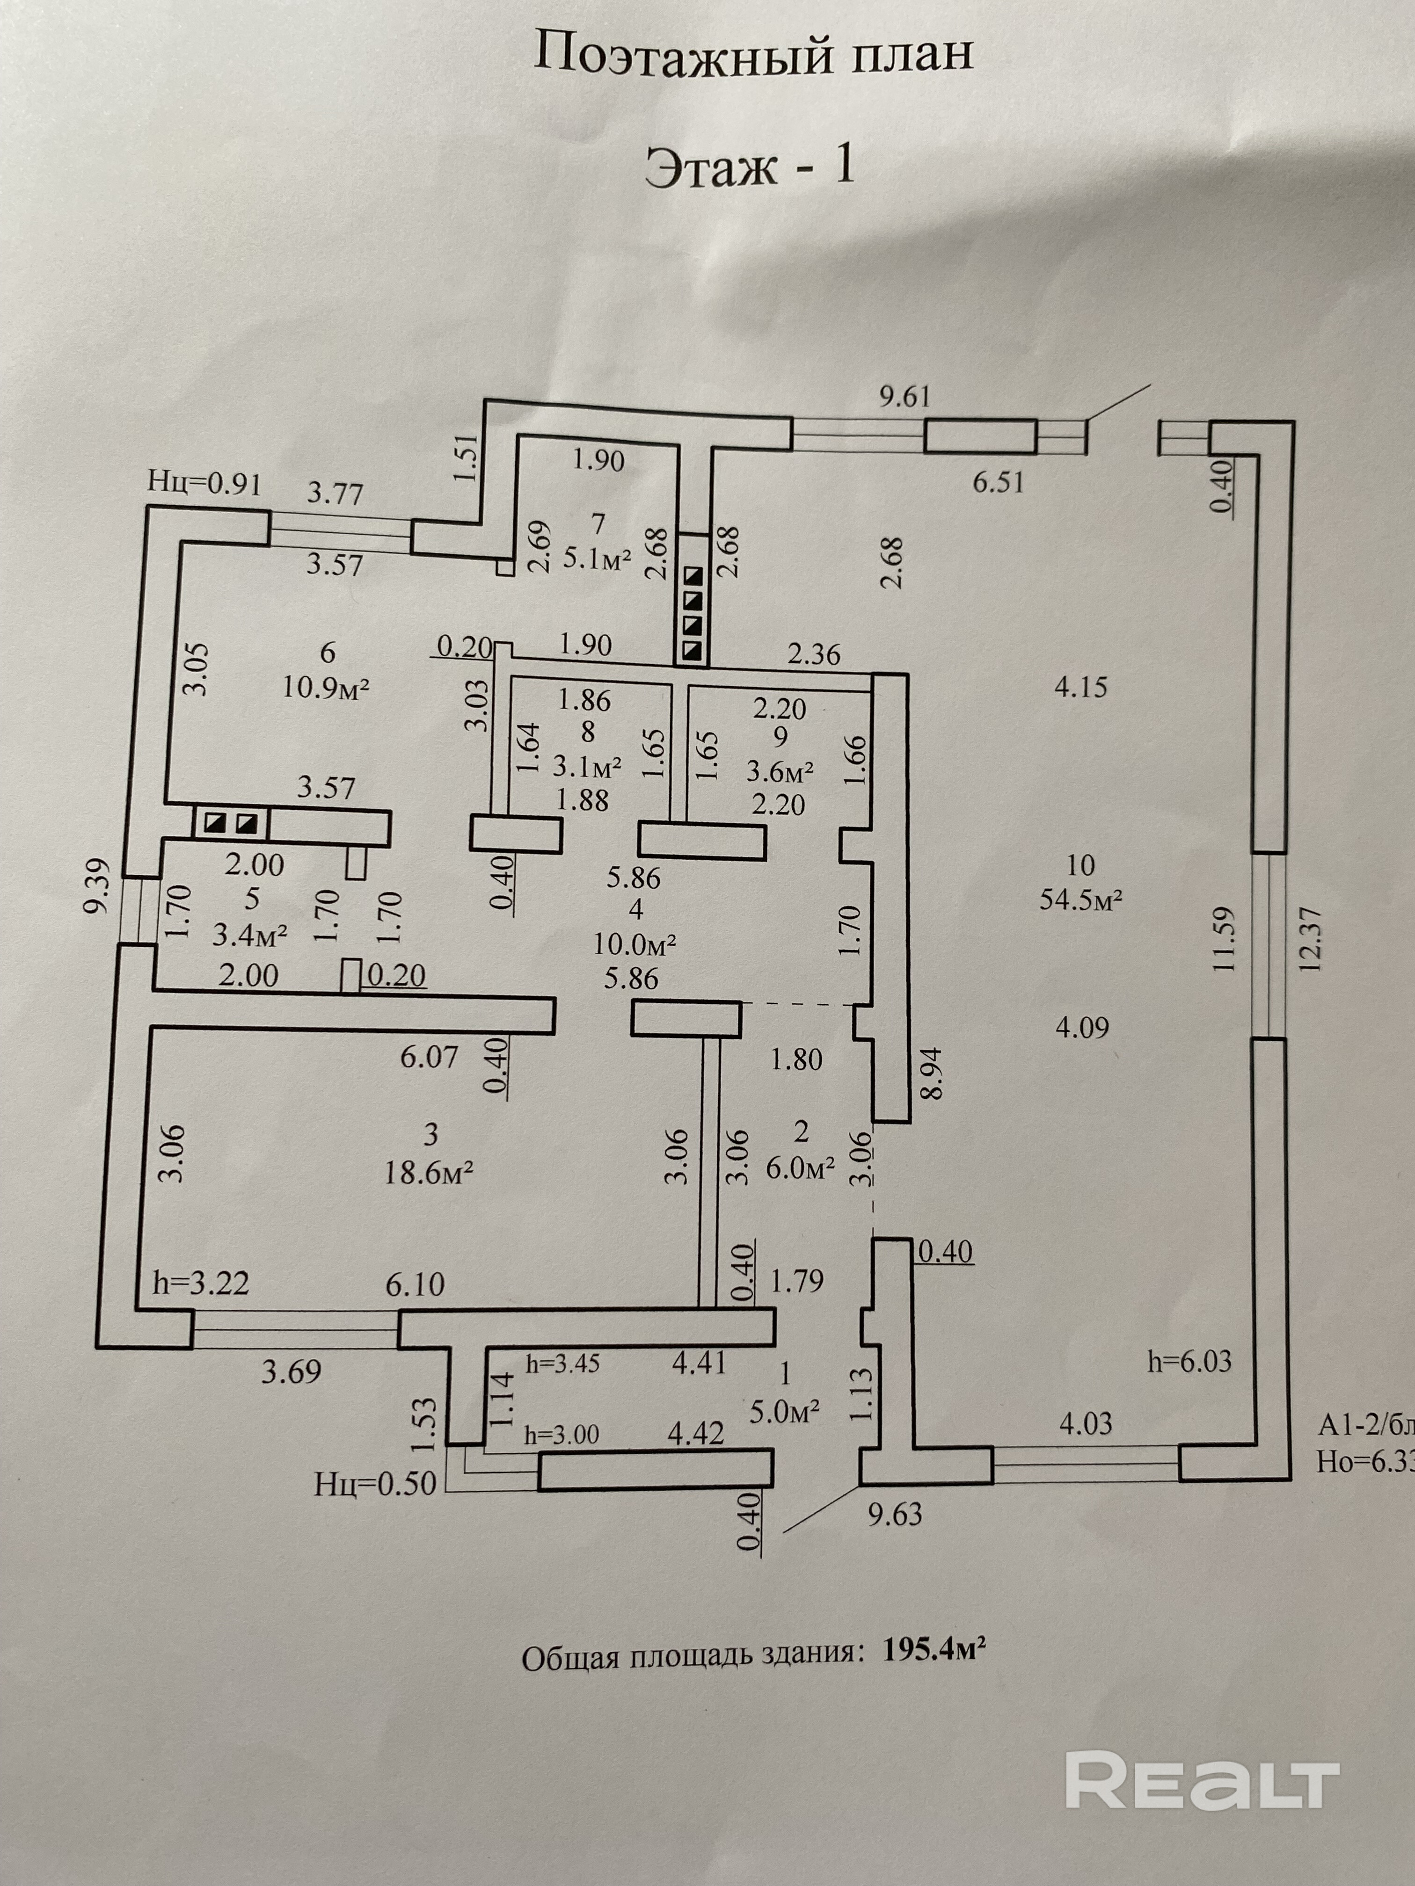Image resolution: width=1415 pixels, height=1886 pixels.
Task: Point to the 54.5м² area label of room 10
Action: point(1080,899)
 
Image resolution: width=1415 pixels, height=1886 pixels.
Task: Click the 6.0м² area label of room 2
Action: point(800,1168)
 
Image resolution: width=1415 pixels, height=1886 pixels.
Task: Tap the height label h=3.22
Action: point(201,1283)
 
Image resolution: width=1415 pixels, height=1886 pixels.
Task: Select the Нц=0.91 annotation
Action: point(204,482)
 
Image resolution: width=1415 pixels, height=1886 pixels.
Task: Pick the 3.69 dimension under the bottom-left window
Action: point(292,1372)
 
